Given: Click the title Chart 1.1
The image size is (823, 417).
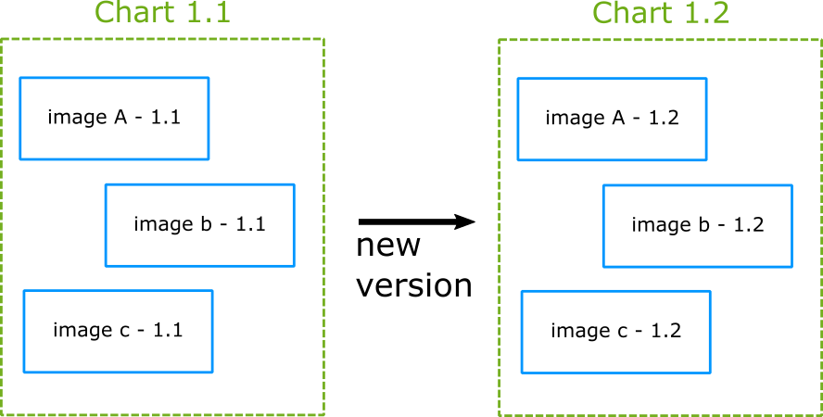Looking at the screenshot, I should pyautogui.click(x=163, y=14).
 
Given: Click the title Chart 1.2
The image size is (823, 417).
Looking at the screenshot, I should pyautogui.click(x=661, y=14).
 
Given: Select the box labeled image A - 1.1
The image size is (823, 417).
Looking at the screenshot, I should pyautogui.click(x=114, y=119).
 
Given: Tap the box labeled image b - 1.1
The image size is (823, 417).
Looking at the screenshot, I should pyautogui.click(x=199, y=225).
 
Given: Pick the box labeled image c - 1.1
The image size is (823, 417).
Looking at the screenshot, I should pyautogui.click(x=118, y=331).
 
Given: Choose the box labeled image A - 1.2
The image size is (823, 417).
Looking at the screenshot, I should pyautogui.click(x=612, y=119).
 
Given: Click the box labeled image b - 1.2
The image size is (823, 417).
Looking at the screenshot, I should pyautogui.click(x=697, y=225).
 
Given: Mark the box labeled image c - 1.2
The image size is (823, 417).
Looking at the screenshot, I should pyautogui.click(x=615, y=331).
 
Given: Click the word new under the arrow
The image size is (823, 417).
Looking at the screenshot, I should pyautogui.click(x=388, y=246).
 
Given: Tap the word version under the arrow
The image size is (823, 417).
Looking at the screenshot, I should pyautogui.click(x=414, y=285).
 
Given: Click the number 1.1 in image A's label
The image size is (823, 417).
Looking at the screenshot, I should pyautogui.click(x=166, y=119).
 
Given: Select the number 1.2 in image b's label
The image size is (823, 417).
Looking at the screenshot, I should pyautogui.click(x=749, y=225).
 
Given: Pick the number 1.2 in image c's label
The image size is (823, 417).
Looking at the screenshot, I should pyautogui.click(x=666, y=331).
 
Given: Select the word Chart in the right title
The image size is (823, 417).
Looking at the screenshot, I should pyautogui.click(x=631, y=14).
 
